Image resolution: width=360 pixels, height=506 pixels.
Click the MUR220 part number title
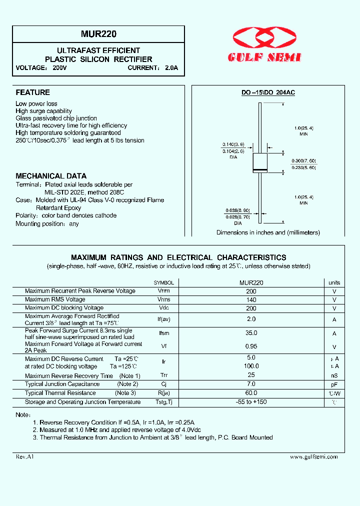[x=99, y=35]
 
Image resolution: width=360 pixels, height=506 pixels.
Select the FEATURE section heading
[x=33, y=92]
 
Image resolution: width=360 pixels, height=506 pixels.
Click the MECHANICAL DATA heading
[x=51, y=176]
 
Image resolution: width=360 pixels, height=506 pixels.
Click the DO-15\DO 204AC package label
[x=268, y=93]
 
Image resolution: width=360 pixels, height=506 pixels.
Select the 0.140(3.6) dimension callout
[x=233, y=144]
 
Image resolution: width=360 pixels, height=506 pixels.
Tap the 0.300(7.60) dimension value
[x=304, y=160]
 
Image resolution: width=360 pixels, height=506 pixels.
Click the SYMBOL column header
[x=164, y=283]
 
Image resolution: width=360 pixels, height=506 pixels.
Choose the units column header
[x=334, y=283]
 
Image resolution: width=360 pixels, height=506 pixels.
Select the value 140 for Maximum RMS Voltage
[x=251, y=299]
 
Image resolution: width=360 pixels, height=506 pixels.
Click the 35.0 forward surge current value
[x=251, y=333]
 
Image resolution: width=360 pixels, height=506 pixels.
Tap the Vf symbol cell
[x=164, y=346]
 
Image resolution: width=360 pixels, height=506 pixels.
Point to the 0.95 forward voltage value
[x=251, y=346]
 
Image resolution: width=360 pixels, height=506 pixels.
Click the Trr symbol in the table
[x=164, y=375]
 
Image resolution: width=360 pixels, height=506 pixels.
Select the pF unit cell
[x=334, y=384]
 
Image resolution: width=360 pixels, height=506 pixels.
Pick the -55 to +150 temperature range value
[x=251, y=402]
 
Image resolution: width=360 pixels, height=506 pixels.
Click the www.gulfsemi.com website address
[x=313, y=456]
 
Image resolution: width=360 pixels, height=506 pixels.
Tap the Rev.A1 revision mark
[x=24, y=456]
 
